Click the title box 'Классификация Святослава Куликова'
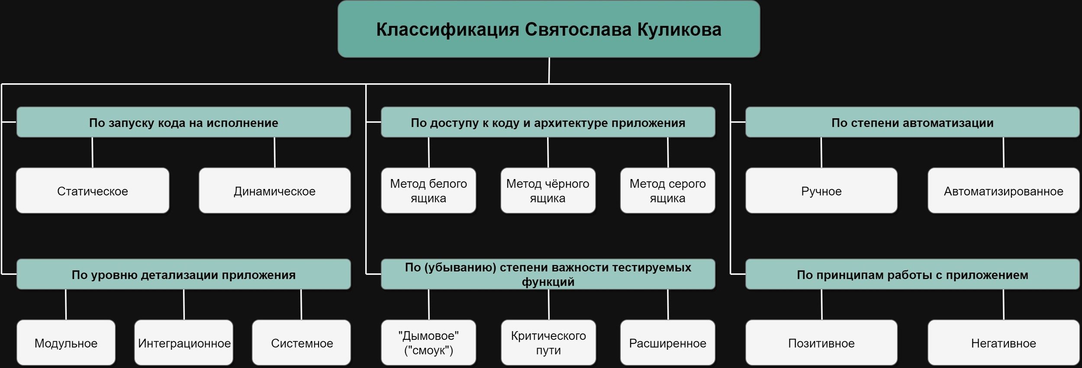pyautogui.click(x=548, y=29)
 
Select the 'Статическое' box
pyautogui.click(x=92, y=191)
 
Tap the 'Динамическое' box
pyautogui.click(x=274, y=191)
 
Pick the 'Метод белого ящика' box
pyautogui.click(x=428, y=191)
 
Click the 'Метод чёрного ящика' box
pyautogui.click(x=548, y=191)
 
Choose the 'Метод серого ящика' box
pyautogui.click(x=667, y=191)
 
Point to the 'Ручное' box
pyautogui.click(x=821, y=191)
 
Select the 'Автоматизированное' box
pyautogui.click(x=1003, y=191)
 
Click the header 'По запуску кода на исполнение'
pyautogui.click(x=184, y=123)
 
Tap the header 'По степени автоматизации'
pyautogui.click(x=912, y=123)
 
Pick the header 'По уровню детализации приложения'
pyautogui.click(x=184, y=274)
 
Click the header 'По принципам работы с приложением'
pyautogui.click(x=912, y=274)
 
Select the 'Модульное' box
pyautogui.click(x=66, y=343)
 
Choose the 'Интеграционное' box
pyautogui.click(x=184, y=343)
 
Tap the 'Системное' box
pyautogui.click(x=302, y=343)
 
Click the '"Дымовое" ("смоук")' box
pyautogui.click(x=428, y=343)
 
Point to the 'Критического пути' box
pyautogui.click(x=548, y=343)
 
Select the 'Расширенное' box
pyautogui.click(x=667, y=343)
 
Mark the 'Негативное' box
pyautogui.click(x=1003, y=343)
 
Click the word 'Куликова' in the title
pyautogui.click(x=679, y=29)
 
